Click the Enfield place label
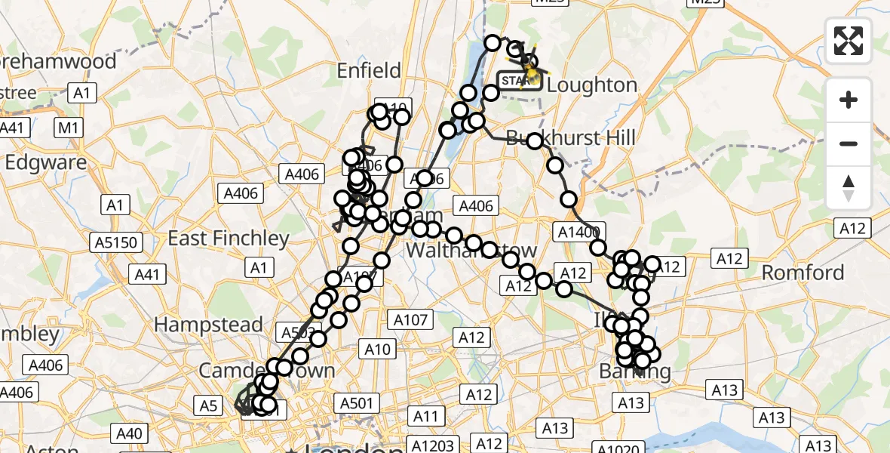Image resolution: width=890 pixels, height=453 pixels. (x=369, y=71)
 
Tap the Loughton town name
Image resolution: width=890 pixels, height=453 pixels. (x=592, y=85)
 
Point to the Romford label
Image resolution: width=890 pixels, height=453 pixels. (x=803, y=273)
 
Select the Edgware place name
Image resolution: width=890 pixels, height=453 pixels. (x=46, y=162)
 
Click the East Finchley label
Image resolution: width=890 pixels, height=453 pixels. (x=229, y=239)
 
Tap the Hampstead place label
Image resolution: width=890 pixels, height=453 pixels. (x=209, y=325)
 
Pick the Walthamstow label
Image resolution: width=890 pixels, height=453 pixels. (x=472, y=250)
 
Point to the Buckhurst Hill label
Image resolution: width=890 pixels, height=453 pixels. (x=571, y=138)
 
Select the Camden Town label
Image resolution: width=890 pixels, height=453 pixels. (x=266, y=371)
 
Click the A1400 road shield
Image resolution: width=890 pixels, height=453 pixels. (x=579, y=232)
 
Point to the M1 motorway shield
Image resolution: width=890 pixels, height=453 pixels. (x=68, y=128)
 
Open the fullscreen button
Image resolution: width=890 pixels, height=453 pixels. (x=849, y=41)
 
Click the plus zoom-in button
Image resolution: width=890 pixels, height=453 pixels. (x=849, y=100)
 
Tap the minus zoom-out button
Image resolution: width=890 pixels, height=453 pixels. (x=849, y=143)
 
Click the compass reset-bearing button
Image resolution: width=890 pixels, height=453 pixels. (x=849, y=187)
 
